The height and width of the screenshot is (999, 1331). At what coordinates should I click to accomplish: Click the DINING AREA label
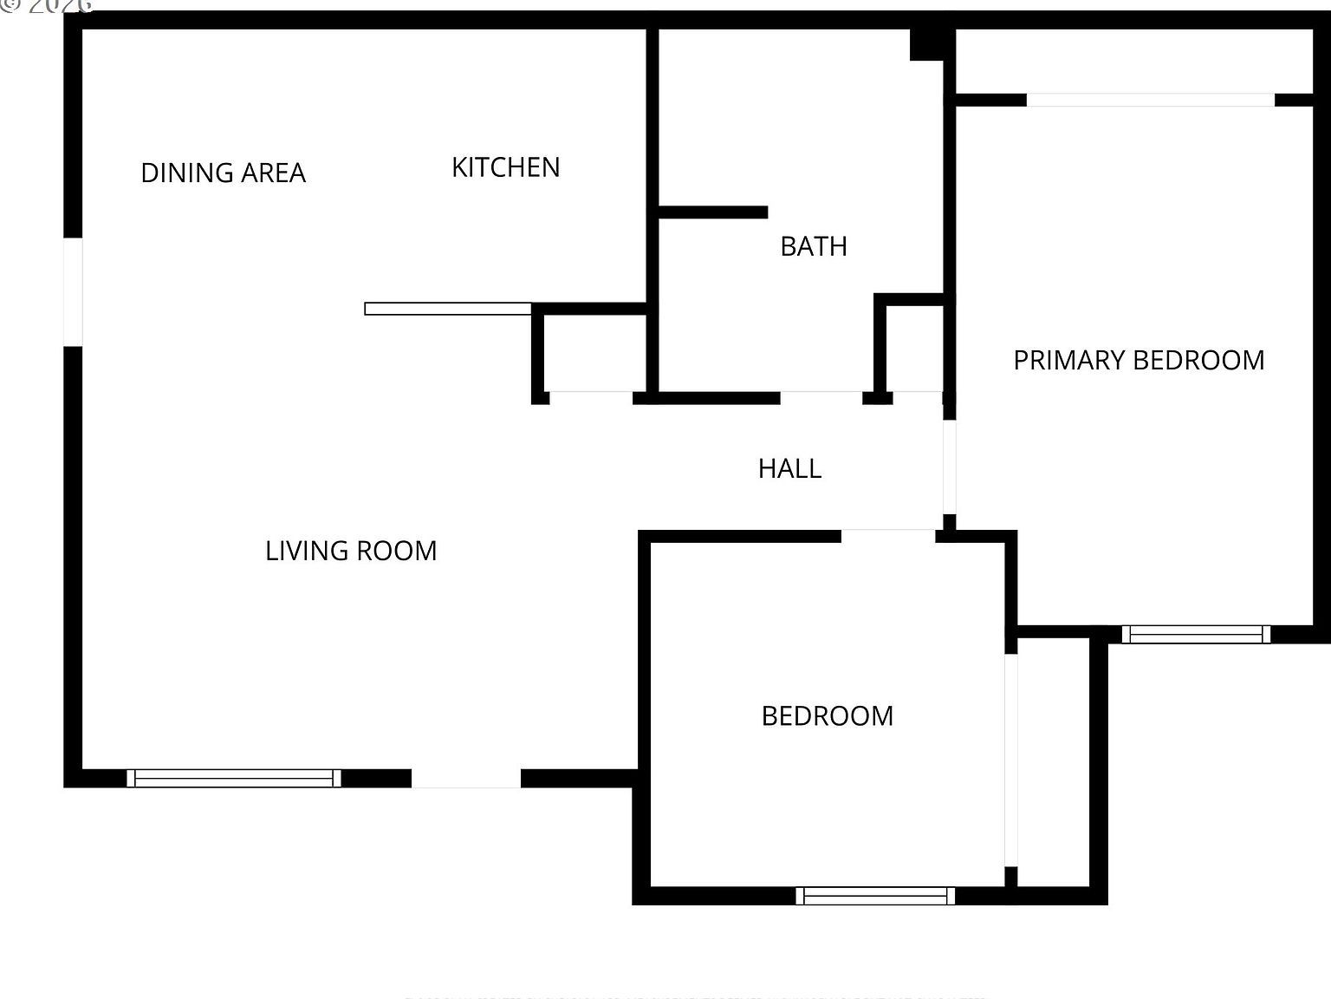tap(223, 173)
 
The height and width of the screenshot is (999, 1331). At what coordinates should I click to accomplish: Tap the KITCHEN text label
tap(505, 166)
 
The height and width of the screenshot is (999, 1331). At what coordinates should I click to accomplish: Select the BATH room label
tap(813, 246)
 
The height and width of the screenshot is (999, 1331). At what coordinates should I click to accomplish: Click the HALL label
tap(789, 468)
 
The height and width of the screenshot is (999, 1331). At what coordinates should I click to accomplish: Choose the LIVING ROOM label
tap(351, 551)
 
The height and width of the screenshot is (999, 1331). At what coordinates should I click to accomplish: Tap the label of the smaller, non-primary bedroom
tap(827, 715)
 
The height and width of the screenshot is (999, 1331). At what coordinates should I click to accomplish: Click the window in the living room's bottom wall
tap(234, 778)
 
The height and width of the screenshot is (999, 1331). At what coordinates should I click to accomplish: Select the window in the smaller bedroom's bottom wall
tap(875, 895)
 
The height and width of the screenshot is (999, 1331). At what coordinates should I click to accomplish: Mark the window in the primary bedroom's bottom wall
tap(1196, 634)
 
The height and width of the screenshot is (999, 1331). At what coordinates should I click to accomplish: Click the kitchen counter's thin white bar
tap(447, 309)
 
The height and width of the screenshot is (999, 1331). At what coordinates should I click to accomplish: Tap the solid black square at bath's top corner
tap(926, 44)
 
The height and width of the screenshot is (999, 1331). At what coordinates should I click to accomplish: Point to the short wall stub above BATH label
tap(713, 212)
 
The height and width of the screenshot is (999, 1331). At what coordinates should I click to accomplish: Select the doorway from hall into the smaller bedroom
tap(888, 536)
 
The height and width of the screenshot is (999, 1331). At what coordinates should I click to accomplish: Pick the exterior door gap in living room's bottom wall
tap(466, 778)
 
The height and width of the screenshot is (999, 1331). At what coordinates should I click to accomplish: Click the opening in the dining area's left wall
tap(73, 292)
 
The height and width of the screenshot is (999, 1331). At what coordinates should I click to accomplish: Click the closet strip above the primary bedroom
tap(1133, 62)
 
